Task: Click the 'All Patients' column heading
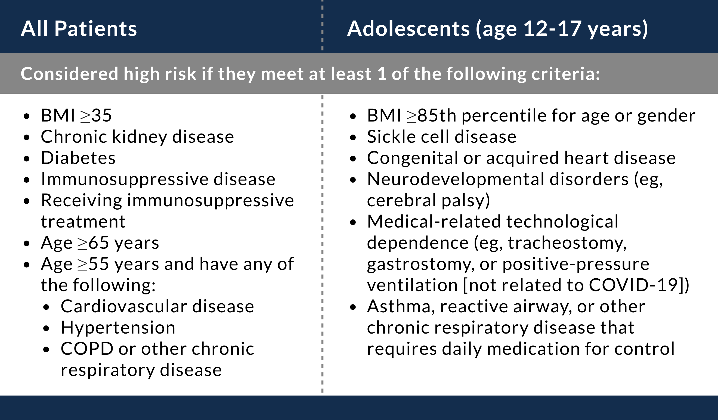pyautogui.click(x=79, y=29)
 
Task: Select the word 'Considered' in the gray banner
pyautogui.click(x=69, y=74)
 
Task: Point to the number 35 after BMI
pyautogui.click(x=101, y=116)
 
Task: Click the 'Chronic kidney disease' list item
pyautogui.click(x=137, y=137)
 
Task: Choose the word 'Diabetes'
pyautogui.click(x=78, y=158)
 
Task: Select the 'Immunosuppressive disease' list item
pyautogui.click(x=158, y=179)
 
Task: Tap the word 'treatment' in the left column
pyautogui.click(x=83, y=222)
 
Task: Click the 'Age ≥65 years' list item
pyautogui.click(x=100, y=243)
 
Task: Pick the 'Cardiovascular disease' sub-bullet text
pyautogui.click(x=157, y=306)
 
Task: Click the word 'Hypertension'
pyautogui.click(x=118, y=328)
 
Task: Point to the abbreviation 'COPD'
pyautogui.click(x=87, y=349)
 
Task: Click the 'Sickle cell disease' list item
pyautogui.click(x=442, y=137)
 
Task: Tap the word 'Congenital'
pyautogui.click(x=413, y=158)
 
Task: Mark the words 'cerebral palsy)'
pyautogui.click(x=428, y=201)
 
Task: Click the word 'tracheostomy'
pyautogui.click(x=567, y=243)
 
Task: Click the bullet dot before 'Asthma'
pyautogui.click(x=353, y=307)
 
